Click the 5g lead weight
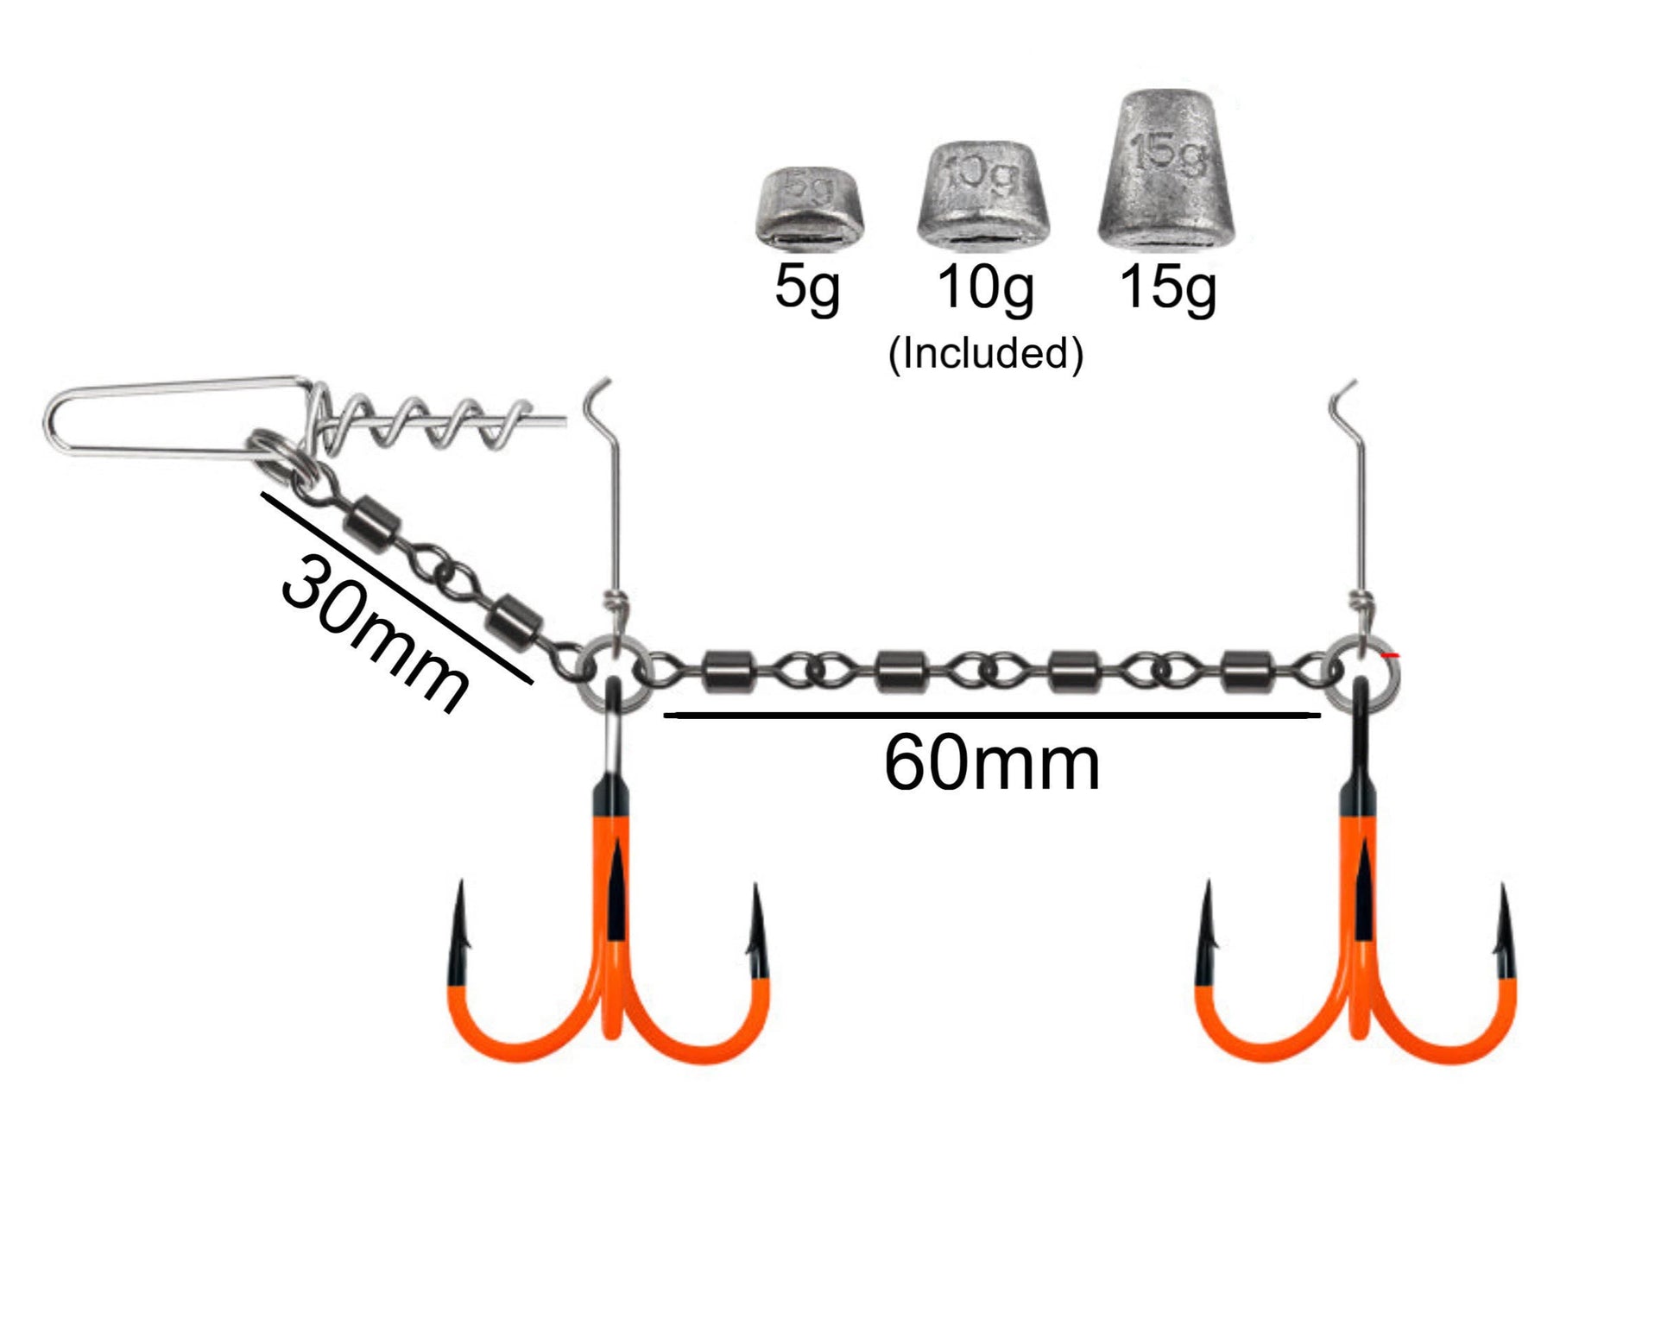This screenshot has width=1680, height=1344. pos(809,208)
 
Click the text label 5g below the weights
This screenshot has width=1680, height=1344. pos(807,287)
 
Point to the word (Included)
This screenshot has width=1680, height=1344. pos(985,353)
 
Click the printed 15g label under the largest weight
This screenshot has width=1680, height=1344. pos(1168,287)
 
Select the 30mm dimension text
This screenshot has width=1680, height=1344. pos(375,634)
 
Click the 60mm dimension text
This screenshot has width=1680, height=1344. pos(991,763)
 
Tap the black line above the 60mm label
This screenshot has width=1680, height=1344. pos(991,715)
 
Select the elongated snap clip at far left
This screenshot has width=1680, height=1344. pos(173,418)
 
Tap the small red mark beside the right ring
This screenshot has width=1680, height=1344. pos(1390,656)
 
